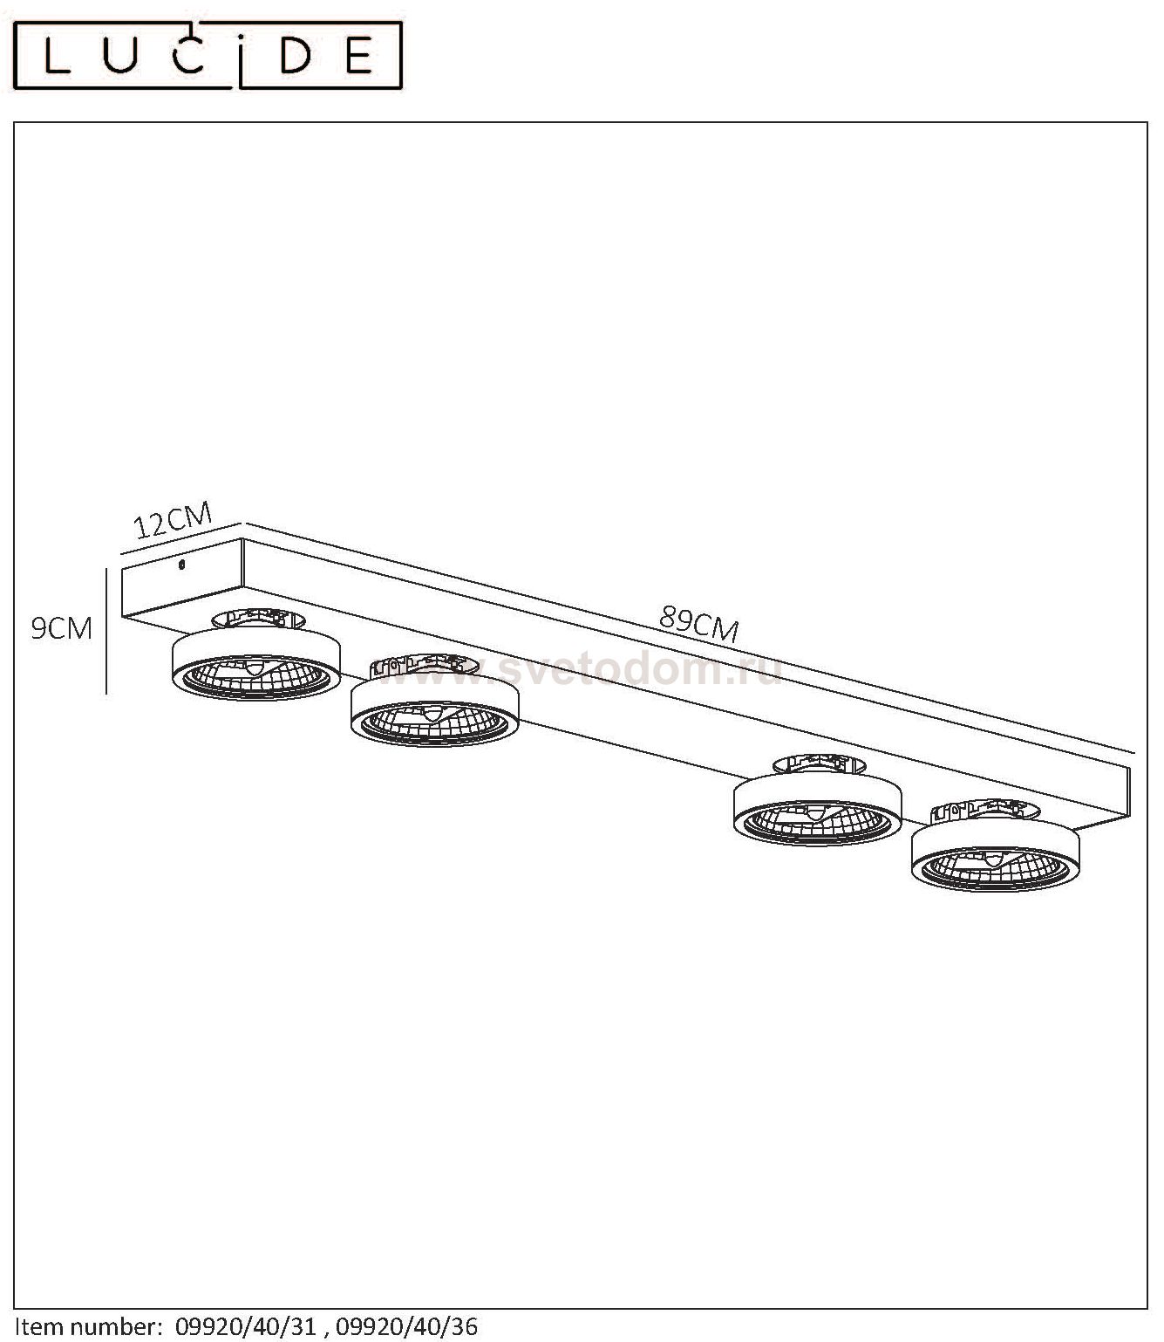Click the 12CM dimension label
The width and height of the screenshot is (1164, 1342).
tap(173, 519)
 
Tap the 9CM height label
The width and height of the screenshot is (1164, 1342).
tap(62, 628)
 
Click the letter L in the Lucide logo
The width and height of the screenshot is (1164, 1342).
tap(57, 56)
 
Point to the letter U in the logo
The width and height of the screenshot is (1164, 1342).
tap(119, 55)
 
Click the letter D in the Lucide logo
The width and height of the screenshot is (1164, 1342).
tap(295, 56)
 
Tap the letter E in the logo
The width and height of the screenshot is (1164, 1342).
tap(358, 56)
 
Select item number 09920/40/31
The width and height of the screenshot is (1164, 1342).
tap(246, 1326)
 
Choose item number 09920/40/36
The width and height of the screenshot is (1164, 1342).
tap(406, 1326)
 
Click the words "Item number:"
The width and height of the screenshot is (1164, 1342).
tap(88, 1326)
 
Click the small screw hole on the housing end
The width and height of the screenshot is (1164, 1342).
tap(181, 564)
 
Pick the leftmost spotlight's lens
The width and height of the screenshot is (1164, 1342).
tap(256, 676)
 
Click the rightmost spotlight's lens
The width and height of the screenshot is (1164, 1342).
tap(995, 867)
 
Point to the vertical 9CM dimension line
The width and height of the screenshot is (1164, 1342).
tap(106, 631)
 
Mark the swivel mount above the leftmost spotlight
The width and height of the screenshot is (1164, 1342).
tap(258, 618)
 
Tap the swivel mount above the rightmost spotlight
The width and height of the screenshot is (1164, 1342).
tap(984, 811)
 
